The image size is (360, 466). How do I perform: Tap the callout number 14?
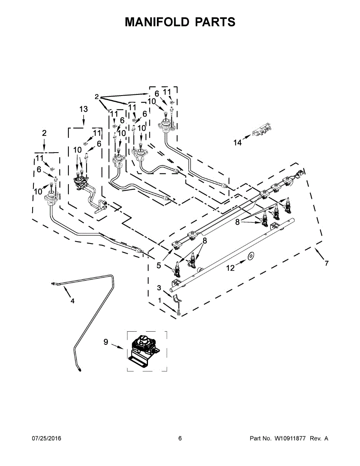point(237,143)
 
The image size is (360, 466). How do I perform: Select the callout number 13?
point(83,110)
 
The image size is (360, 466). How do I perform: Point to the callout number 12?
point(230,268)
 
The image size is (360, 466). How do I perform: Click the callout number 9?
point(106,342)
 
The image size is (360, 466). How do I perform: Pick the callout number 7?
point(327,264)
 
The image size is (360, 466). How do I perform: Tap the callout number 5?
point(159,266)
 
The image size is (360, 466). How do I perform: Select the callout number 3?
point(159,287)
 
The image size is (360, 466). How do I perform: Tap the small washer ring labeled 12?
point(250,256)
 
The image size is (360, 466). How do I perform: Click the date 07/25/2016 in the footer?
point(46,438)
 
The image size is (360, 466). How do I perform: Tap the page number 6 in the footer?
point(180,438)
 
